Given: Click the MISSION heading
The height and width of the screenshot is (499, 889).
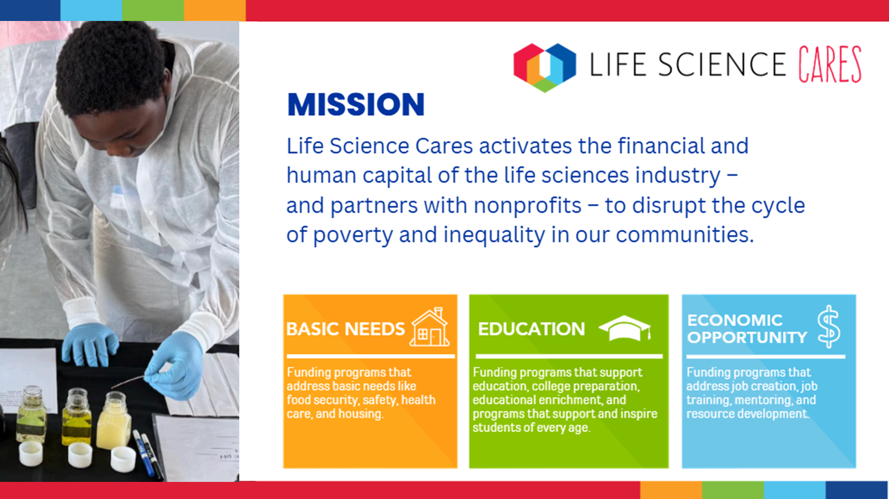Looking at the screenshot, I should pyautogui.click(x=356, y=105).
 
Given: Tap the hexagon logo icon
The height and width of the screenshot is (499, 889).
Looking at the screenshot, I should pyautogui.click(x=544, y=66).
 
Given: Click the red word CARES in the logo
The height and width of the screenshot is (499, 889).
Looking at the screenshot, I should pyautogui.click(x=829, y=65).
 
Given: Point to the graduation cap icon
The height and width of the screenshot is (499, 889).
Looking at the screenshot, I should pyautogui.click(x=625, y=328).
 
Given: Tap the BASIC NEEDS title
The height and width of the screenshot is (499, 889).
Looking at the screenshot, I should pyautogui.click(x=346, y=329).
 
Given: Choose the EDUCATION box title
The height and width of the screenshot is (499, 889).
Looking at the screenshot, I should pyautogui.click(x=531, y=329).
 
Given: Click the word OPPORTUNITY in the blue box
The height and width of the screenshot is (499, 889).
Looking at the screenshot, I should pyautogui.click(x=747, y=337).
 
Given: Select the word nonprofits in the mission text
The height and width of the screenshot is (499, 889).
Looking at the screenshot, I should pyautogui.click(x=527, y=206).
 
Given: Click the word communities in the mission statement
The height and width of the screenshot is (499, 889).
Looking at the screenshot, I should pyautogui.click(x=684, y=235).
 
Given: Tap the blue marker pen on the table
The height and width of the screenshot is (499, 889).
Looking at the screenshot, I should pyautogui.click(x=144, y=453).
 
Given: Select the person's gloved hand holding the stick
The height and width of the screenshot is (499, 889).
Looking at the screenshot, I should pyautogui.click(x=178, y=364).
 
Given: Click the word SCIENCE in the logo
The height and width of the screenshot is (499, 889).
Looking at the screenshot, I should pyautogui.click(x=722, y=65).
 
